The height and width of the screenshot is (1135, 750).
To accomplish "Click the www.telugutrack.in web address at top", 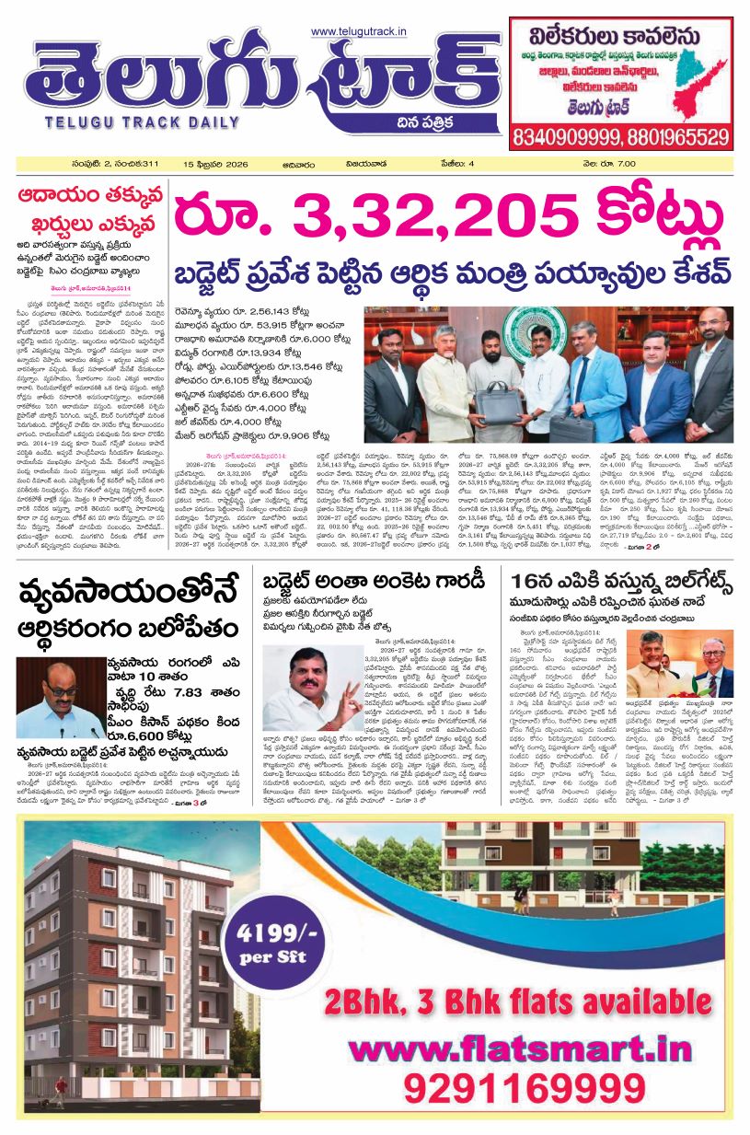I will tap(359, 33).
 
